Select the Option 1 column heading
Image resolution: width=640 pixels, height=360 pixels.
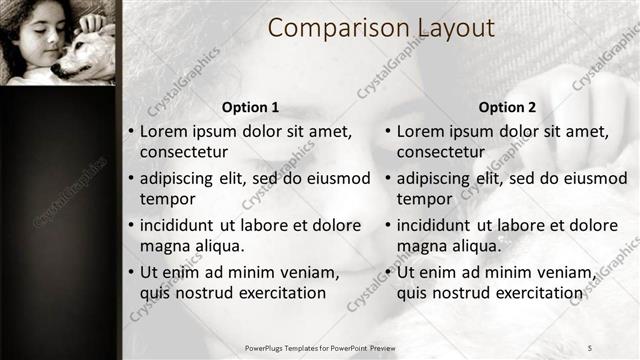[250, 107]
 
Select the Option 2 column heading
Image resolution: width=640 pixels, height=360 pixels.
[507, 107]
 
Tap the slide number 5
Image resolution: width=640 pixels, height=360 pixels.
[590, 347]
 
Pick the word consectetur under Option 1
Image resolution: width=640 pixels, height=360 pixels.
[184, 152]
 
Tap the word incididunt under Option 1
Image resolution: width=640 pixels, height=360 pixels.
[181, 225]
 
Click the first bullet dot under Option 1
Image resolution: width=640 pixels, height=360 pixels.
[131, 132]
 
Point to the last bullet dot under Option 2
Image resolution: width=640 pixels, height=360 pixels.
[388, 272]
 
